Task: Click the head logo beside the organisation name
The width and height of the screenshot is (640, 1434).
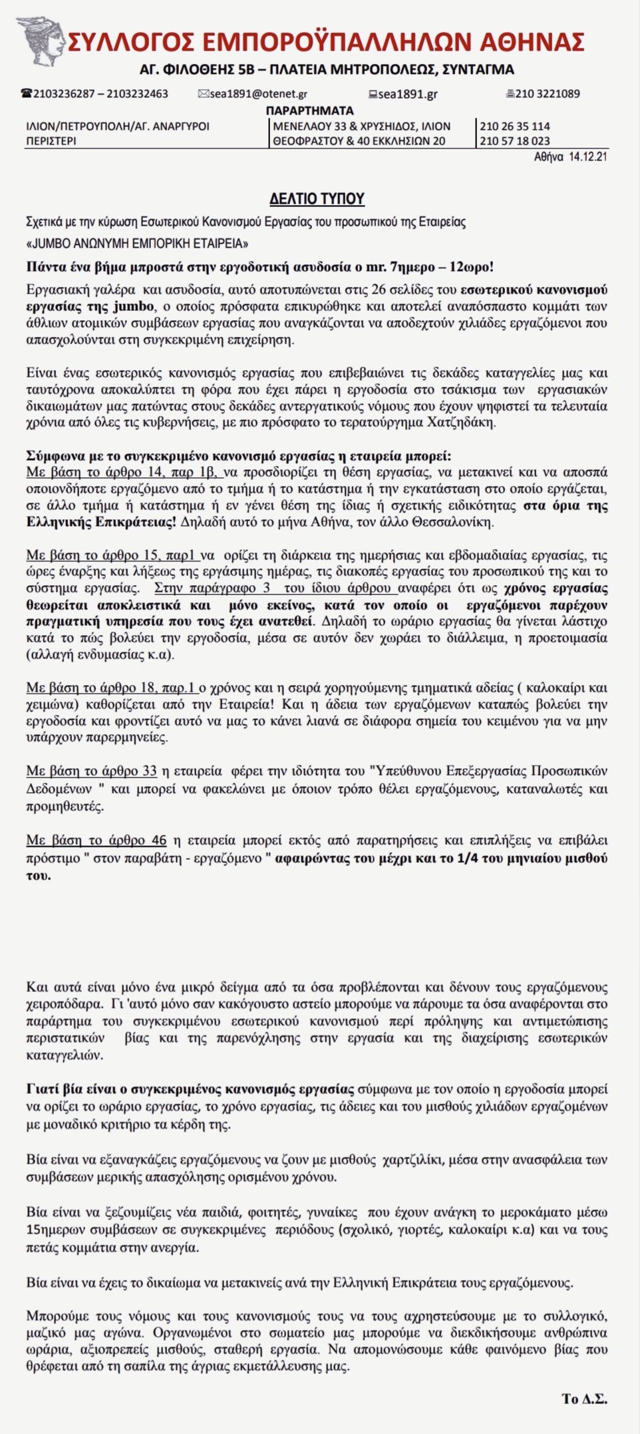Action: tap(41, 40)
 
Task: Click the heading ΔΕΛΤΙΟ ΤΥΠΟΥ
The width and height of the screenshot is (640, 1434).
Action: tap(317, 198)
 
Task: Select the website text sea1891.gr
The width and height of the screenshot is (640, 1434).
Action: tap(408, 94)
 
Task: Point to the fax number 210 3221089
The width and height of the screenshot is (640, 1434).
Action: tap(548, 94)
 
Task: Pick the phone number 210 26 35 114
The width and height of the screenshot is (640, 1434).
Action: tap(515, 126)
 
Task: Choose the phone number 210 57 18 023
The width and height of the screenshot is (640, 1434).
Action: tap(515, 140)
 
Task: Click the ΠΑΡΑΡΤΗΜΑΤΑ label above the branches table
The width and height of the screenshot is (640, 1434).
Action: tap(309, 110)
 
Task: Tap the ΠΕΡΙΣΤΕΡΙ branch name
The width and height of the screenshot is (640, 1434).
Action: tap(51, 140)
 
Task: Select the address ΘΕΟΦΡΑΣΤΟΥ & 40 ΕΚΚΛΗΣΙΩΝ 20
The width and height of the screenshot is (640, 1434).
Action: tap(359, 140)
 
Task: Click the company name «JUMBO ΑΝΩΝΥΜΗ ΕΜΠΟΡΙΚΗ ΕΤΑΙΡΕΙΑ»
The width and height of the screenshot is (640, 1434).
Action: tap(138, 243)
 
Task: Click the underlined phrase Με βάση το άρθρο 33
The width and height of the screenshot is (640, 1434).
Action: tap(92, 771)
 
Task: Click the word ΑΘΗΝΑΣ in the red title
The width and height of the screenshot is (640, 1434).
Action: tap(532, 41)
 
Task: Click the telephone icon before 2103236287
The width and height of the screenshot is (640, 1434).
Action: tap(27, 93)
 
